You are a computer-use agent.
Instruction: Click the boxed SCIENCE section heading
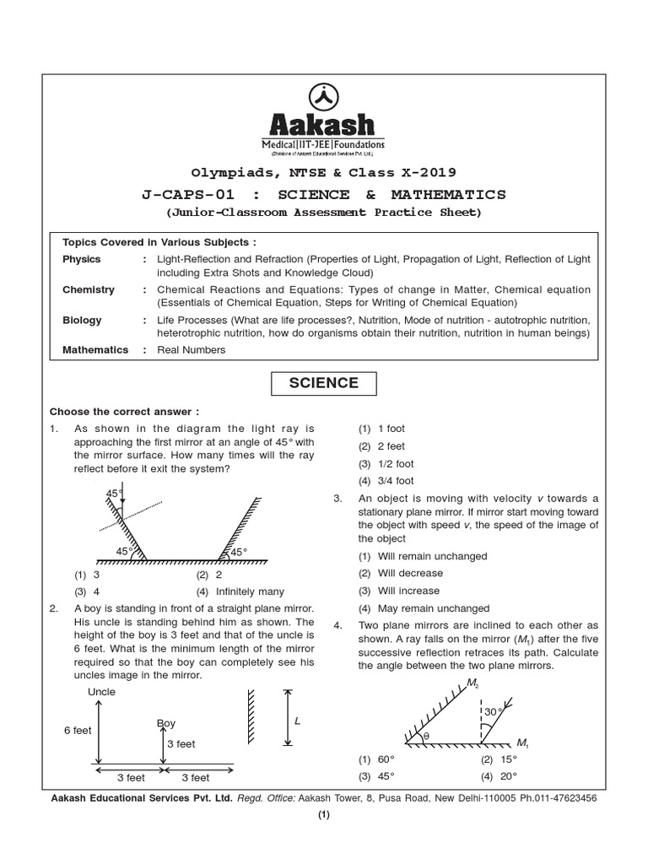pos(323,382)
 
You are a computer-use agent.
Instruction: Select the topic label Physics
pos(82,259)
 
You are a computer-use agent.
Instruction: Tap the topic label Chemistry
pos(89,289)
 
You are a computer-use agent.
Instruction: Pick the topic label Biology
pos(82,320)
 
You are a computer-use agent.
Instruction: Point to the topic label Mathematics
pos(95,349)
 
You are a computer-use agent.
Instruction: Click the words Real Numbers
pos(192,349)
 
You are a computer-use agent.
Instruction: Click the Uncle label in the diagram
pos(101,692)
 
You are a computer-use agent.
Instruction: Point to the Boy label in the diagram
pos(165,723)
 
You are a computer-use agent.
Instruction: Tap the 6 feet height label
pos(78,730)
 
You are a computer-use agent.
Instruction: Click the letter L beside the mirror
pos(298,722)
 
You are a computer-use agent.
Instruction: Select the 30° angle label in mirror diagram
pos(494,711)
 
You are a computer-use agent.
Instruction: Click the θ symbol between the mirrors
pos(426,736)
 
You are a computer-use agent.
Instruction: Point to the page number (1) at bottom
pos(323,815)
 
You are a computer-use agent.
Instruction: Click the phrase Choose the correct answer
pos(125,412)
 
